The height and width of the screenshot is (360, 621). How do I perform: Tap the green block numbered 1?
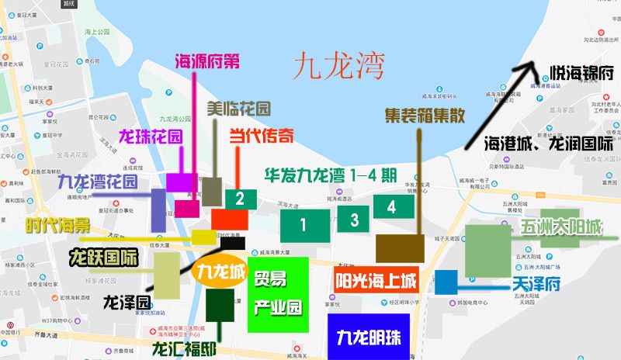[304, 224]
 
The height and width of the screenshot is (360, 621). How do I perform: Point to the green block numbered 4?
[391, 206]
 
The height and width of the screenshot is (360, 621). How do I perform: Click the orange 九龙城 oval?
[220, 273]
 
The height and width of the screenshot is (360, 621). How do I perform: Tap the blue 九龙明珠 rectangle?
[368, 337]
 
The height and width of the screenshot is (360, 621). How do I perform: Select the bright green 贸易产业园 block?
[278, 295]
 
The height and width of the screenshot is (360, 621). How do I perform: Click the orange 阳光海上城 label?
[376, 279]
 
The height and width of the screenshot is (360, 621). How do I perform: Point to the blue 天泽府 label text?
[536, 285]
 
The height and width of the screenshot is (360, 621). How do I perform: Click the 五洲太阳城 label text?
[550, 229]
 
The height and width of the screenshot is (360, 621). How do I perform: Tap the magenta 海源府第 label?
[207, 61]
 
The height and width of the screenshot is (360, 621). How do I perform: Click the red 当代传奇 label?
[261, 137]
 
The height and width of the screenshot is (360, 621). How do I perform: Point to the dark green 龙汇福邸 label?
[184, 348]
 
